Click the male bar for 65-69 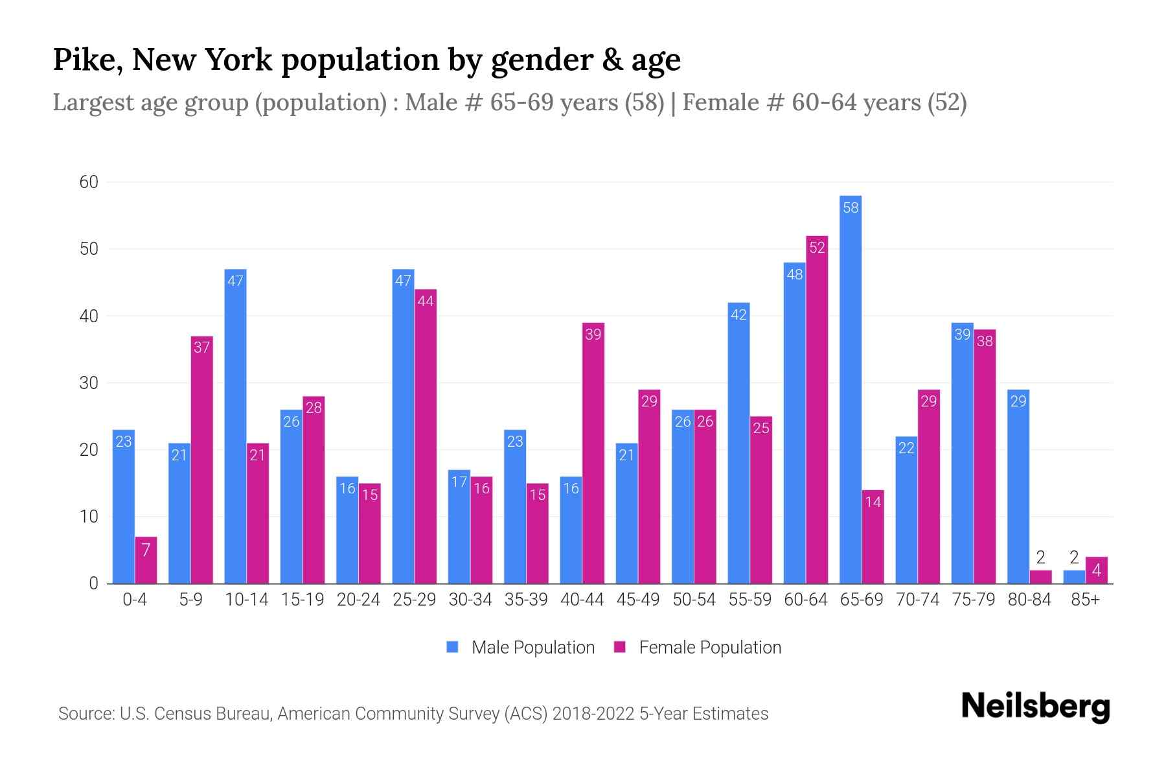coord(850,389)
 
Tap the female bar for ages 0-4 coord(146,560)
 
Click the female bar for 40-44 coord(593,453)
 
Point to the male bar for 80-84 coord(1018,486)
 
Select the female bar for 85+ coord(1096,571)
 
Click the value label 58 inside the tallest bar coord(850,207)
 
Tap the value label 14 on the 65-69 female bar coord(873,502)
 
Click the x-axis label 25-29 coord(414,600)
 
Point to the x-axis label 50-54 coord(693,600)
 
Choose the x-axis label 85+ coord(1084,600)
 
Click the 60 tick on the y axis coord(89,182)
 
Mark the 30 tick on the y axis coord(89,383)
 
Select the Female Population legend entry coord(698,647)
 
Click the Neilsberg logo coord(1035,707)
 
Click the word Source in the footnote coord(86,714)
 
